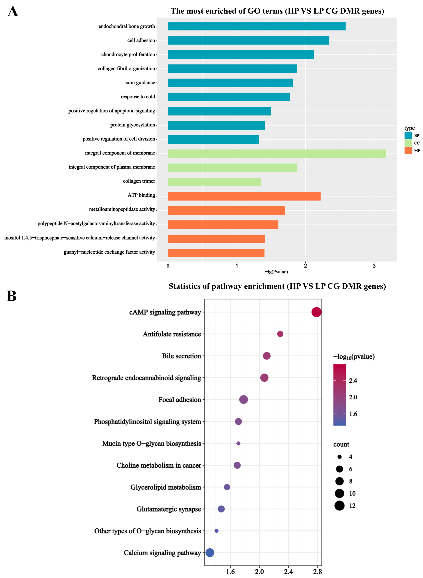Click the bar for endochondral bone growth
[x=257, y=26]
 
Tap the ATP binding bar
[x=244, y=196]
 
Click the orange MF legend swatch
[x=408, y=151]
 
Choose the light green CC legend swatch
[x=408, y=143]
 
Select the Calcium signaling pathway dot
[x=210, y=553]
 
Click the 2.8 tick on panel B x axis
[x=318, y=572]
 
